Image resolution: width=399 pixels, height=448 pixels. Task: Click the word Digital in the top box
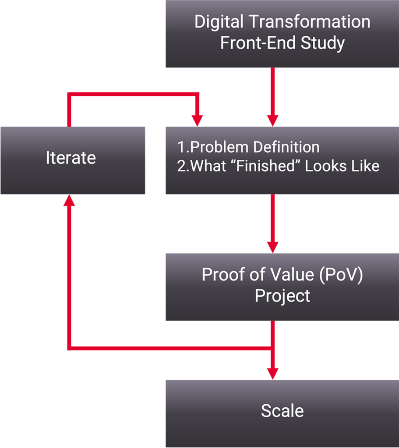tap(219, 22)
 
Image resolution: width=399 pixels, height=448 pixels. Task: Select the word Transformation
tap(310, 22)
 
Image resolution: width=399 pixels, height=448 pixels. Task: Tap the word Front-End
tap(258, 43)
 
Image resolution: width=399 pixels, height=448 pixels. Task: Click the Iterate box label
tap(71, 157)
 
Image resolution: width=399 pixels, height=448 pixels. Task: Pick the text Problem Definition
tap(254, 147)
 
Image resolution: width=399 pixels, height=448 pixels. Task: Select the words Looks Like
tap(342, 166)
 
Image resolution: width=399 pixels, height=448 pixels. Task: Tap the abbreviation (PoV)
tap(341, 275)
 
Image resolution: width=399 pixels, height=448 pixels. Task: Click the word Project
tap(282, 296)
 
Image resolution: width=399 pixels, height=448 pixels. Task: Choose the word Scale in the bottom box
tap(282, 411)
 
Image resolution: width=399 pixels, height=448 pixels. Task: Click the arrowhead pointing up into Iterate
tap(69, 200)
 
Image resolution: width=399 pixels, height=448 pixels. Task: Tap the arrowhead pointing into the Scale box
tap(273, 374)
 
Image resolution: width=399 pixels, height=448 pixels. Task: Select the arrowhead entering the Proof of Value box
tap(273, 248)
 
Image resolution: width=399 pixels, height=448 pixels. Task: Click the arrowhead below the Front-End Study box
tap(273, 121)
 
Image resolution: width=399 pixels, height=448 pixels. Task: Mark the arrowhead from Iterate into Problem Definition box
tap(198, 121)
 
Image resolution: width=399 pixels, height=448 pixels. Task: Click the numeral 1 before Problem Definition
tap(181, 147)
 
